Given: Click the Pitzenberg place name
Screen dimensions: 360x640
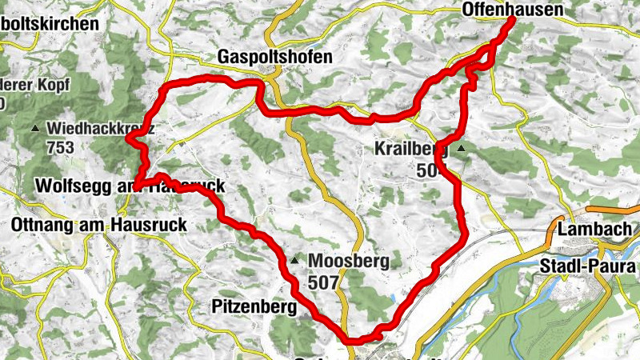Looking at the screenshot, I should pyautogui.click(x=254, y=306).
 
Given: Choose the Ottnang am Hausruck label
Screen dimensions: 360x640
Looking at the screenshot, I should pyautogui.click(x=99, y=226).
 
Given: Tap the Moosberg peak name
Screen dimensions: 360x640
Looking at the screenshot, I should pyautogui.click(x=348, y=261).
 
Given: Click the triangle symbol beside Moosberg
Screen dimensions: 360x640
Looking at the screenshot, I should pyautogui.click(x=296, y=261).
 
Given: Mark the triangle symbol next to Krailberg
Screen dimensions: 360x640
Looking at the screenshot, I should pyautogui.click(x=462, y=148).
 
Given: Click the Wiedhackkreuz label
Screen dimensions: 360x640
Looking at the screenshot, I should pyautogui.click(x=100, y=128).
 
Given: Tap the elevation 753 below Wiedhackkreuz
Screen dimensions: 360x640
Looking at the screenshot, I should pyautogui.click(x=60, y=147).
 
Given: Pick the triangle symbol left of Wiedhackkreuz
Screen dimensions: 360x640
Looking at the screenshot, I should pyautogui.click(x=34, y=129).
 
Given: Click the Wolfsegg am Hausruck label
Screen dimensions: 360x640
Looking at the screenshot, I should pyautogui.click(x=128, y=186).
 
